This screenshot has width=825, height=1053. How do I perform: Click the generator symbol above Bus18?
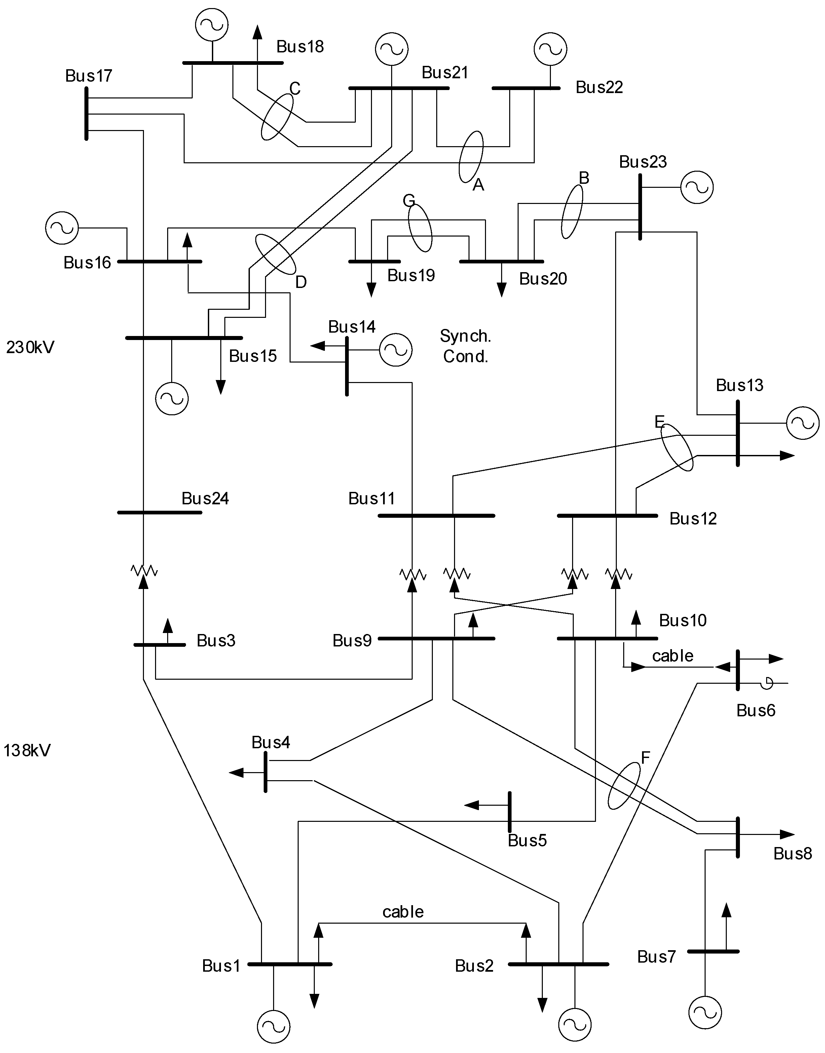212,25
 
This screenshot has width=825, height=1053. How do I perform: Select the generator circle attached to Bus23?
697,187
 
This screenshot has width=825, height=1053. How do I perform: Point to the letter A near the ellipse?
478,184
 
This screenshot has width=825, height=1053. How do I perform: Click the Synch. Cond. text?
465,346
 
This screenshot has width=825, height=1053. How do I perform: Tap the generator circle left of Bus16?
62,228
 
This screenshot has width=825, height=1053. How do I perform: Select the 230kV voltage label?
30,347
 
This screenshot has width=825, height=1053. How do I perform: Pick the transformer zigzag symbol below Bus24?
144,571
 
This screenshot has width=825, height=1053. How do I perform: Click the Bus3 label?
216,640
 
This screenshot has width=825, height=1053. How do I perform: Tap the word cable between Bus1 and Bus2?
403,912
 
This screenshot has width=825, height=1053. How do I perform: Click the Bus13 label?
740,385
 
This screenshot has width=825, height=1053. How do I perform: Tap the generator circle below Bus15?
172,398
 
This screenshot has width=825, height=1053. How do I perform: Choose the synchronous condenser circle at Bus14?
396,349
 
